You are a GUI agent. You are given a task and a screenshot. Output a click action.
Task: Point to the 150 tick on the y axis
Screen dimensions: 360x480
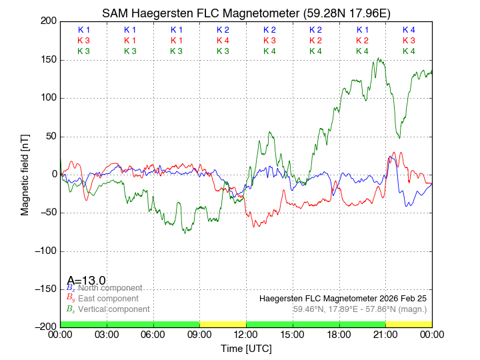coord(48,60)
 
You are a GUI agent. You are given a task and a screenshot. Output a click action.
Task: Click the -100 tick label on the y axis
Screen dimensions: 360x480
coord(44,251)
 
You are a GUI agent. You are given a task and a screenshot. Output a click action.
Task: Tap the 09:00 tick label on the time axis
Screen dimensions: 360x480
coord(200,335)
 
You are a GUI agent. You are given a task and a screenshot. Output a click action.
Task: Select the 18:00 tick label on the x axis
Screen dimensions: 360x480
coord(339,335)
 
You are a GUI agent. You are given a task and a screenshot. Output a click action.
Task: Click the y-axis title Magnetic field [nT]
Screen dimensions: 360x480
coord(25,174)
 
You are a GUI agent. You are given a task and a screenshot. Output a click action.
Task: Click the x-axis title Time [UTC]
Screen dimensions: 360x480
coord(246,349)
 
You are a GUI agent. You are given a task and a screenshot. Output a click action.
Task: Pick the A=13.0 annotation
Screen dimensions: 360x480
coord(86,281)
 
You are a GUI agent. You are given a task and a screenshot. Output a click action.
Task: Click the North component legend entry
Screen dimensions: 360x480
coord(108,288)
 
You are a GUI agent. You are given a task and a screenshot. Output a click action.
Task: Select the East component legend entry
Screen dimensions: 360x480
coord(107,299)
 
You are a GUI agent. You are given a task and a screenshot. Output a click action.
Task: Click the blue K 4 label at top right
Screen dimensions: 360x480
coord(409,30)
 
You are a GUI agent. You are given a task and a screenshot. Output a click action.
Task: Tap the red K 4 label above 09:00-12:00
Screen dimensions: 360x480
coord(223,41)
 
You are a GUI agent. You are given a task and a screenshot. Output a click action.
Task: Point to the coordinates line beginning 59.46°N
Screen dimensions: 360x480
coord(360,309)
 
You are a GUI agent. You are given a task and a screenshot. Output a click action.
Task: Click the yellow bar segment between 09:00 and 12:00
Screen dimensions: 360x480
coord(223,324)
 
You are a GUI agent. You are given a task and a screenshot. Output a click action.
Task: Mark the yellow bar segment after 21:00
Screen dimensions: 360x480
coord(409,324)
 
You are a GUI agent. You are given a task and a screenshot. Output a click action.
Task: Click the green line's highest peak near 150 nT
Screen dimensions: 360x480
coord(379,59)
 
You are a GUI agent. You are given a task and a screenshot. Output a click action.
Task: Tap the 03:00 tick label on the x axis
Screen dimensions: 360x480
coord(107,335)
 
